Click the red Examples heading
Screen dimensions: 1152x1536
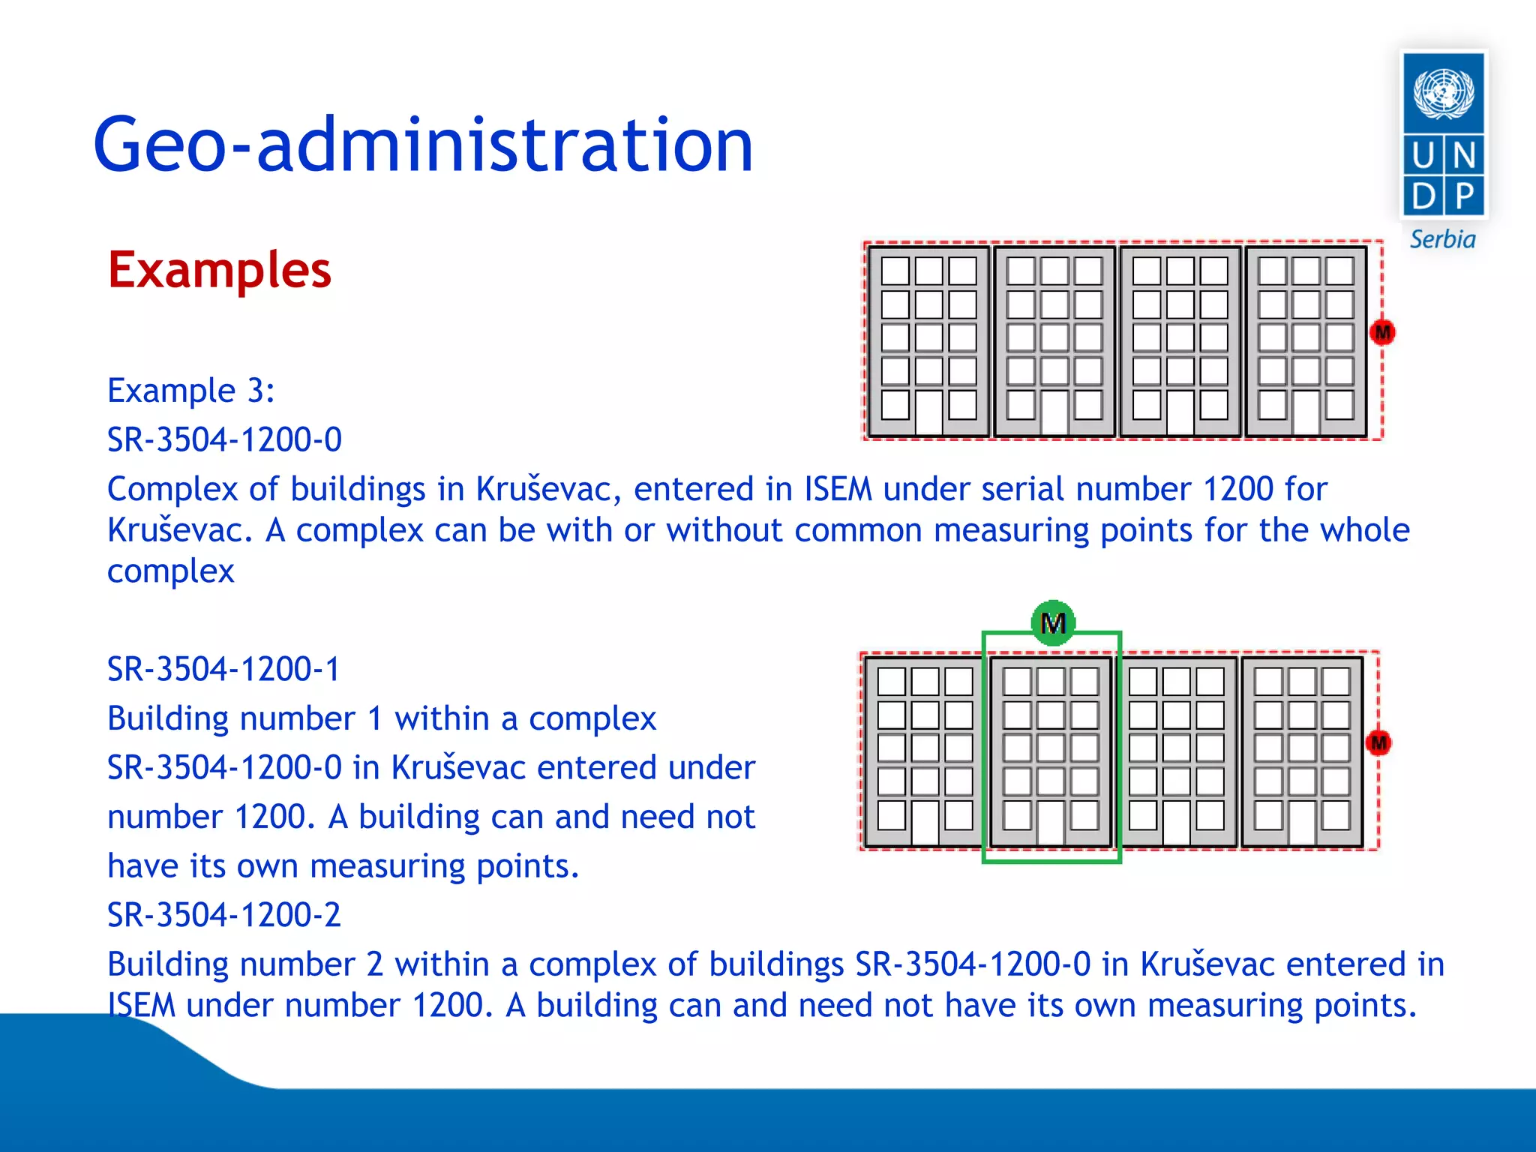219,270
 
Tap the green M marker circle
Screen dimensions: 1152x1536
1053,622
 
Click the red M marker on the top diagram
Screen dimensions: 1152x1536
1382,332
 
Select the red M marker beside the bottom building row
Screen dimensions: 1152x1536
1378,743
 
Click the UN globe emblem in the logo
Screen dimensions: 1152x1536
1443,94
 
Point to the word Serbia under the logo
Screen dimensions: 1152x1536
1441,240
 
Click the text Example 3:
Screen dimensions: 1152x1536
190,391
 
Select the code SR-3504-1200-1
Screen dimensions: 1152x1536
223,669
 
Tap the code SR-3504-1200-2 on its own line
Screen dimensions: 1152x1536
223,915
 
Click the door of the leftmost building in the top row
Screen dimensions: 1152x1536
928,412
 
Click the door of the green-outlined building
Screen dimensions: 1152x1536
1050,823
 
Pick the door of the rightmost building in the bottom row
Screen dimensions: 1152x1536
1301,823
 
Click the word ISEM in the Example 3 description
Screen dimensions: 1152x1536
838,489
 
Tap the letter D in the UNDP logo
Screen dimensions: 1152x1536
1423,196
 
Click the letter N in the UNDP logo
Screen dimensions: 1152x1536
1464,156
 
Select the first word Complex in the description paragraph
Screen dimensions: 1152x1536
172,489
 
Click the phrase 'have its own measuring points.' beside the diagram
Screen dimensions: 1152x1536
343,866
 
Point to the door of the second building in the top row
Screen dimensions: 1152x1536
1054,412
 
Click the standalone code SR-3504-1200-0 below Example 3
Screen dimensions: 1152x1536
223,439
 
